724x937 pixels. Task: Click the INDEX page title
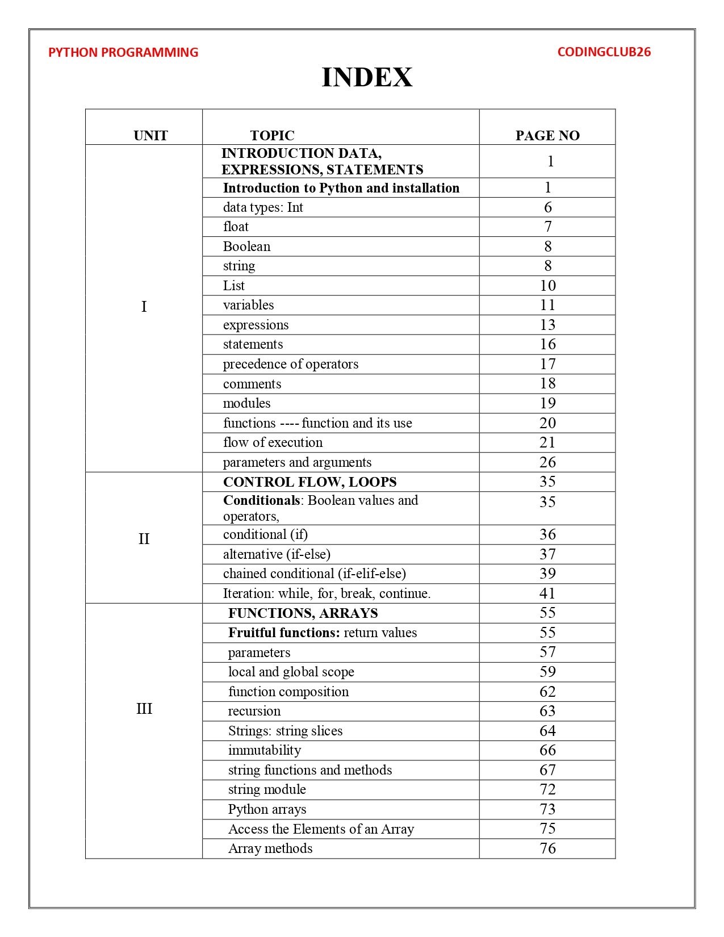(367, 77)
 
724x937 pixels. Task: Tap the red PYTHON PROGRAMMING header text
(123, 52)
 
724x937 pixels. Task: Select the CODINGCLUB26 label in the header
(604, 52)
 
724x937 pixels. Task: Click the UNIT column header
(150, 136)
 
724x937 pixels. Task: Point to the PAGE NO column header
(547, 136)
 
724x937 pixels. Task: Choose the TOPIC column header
(272, 136)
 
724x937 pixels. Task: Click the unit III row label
(144, 709)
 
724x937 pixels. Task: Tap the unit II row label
(144, 538)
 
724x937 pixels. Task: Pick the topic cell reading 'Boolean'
(246, 246)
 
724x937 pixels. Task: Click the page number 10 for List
(547, 286)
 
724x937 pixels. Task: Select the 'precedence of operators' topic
(290, 364)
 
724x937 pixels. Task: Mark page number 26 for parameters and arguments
(547, 462)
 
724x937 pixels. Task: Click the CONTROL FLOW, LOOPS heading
(309, 482)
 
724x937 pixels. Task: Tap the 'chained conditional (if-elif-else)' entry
(314, 574)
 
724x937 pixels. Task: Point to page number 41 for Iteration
(547, 593)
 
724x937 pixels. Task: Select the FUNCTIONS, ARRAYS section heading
(303, 613)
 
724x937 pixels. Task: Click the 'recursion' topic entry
(254, 711)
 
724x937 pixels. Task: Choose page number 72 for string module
(547, 789)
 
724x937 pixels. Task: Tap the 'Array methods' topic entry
(270, 848)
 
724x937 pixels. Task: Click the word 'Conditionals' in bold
(261, 500)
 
